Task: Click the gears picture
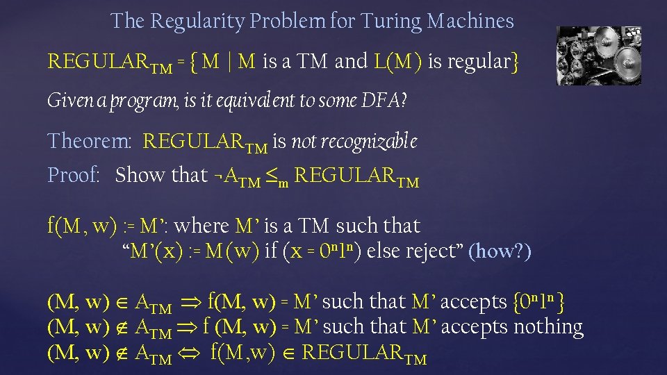pyautogui.click(x=599, y=56)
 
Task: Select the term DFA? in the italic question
pyautogui.click(x=384, y=101)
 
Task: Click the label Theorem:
pyautogui.click(x=89, y=142)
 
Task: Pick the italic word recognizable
pyautogui.click(x=354, y=142)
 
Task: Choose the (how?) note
pyautogui.click(x=501, y=251)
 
